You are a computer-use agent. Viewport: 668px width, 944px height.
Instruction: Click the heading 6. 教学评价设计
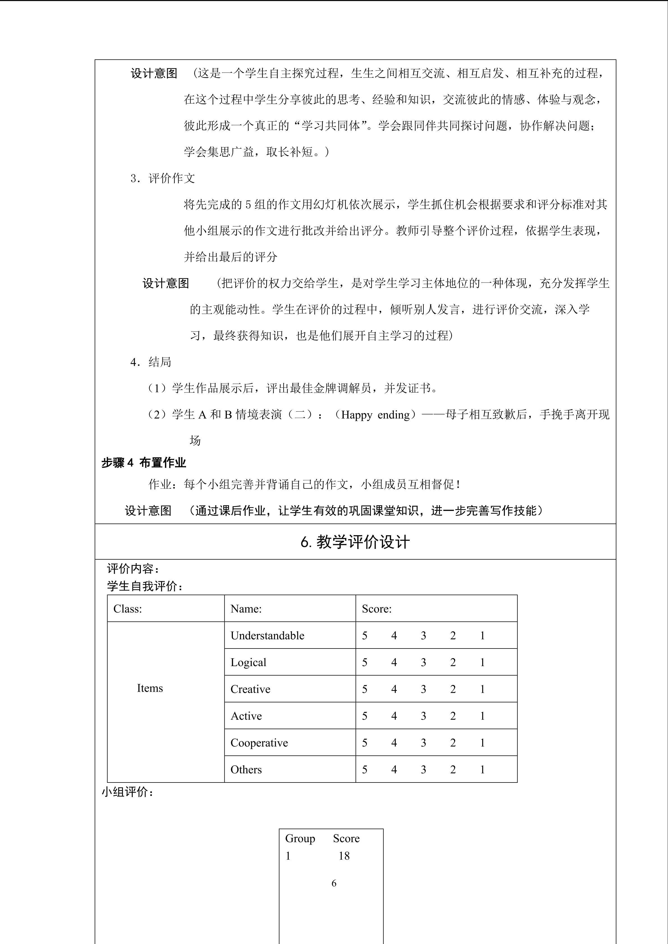click(355, 542)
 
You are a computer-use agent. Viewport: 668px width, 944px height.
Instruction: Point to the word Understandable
click(267, 636)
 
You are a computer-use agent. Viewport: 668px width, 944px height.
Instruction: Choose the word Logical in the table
click(249, 662)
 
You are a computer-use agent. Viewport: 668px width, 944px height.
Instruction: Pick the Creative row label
click(251, 689)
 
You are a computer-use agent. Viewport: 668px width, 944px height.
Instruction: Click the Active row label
click(246, 716)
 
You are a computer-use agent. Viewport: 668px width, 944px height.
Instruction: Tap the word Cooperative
click(259, 742)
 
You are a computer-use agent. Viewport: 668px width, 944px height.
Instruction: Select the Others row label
click(246, 769)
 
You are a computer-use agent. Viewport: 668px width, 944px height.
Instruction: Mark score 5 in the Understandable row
click(364, 636)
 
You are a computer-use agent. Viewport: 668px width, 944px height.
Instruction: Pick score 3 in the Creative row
click(423, 689)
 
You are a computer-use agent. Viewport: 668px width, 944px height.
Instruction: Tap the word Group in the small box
click(300, 838)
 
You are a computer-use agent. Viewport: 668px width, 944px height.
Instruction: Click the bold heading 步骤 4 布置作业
click(144, 463)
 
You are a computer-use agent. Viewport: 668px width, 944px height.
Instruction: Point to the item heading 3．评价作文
click(162, 178)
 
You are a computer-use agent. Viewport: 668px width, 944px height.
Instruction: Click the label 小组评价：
click(128, 792)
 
